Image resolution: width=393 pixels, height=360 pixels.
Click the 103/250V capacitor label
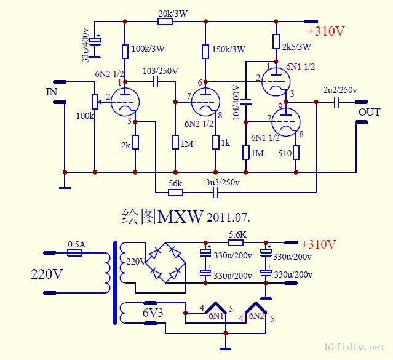pyautogui.click(x=161, y=71)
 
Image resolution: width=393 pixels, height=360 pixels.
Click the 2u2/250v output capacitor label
pyautogui.click(x=340, y=90)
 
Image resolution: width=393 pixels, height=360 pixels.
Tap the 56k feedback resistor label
pyautogui.click(x=176, y=183)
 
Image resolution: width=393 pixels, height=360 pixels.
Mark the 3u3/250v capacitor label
pyautogui.click(x=222, y=183)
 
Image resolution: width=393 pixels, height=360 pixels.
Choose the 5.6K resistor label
pyautogui.click(x=238, y=234)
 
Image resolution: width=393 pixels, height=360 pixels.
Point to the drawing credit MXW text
pyautogui.click(x=180, y=217)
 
